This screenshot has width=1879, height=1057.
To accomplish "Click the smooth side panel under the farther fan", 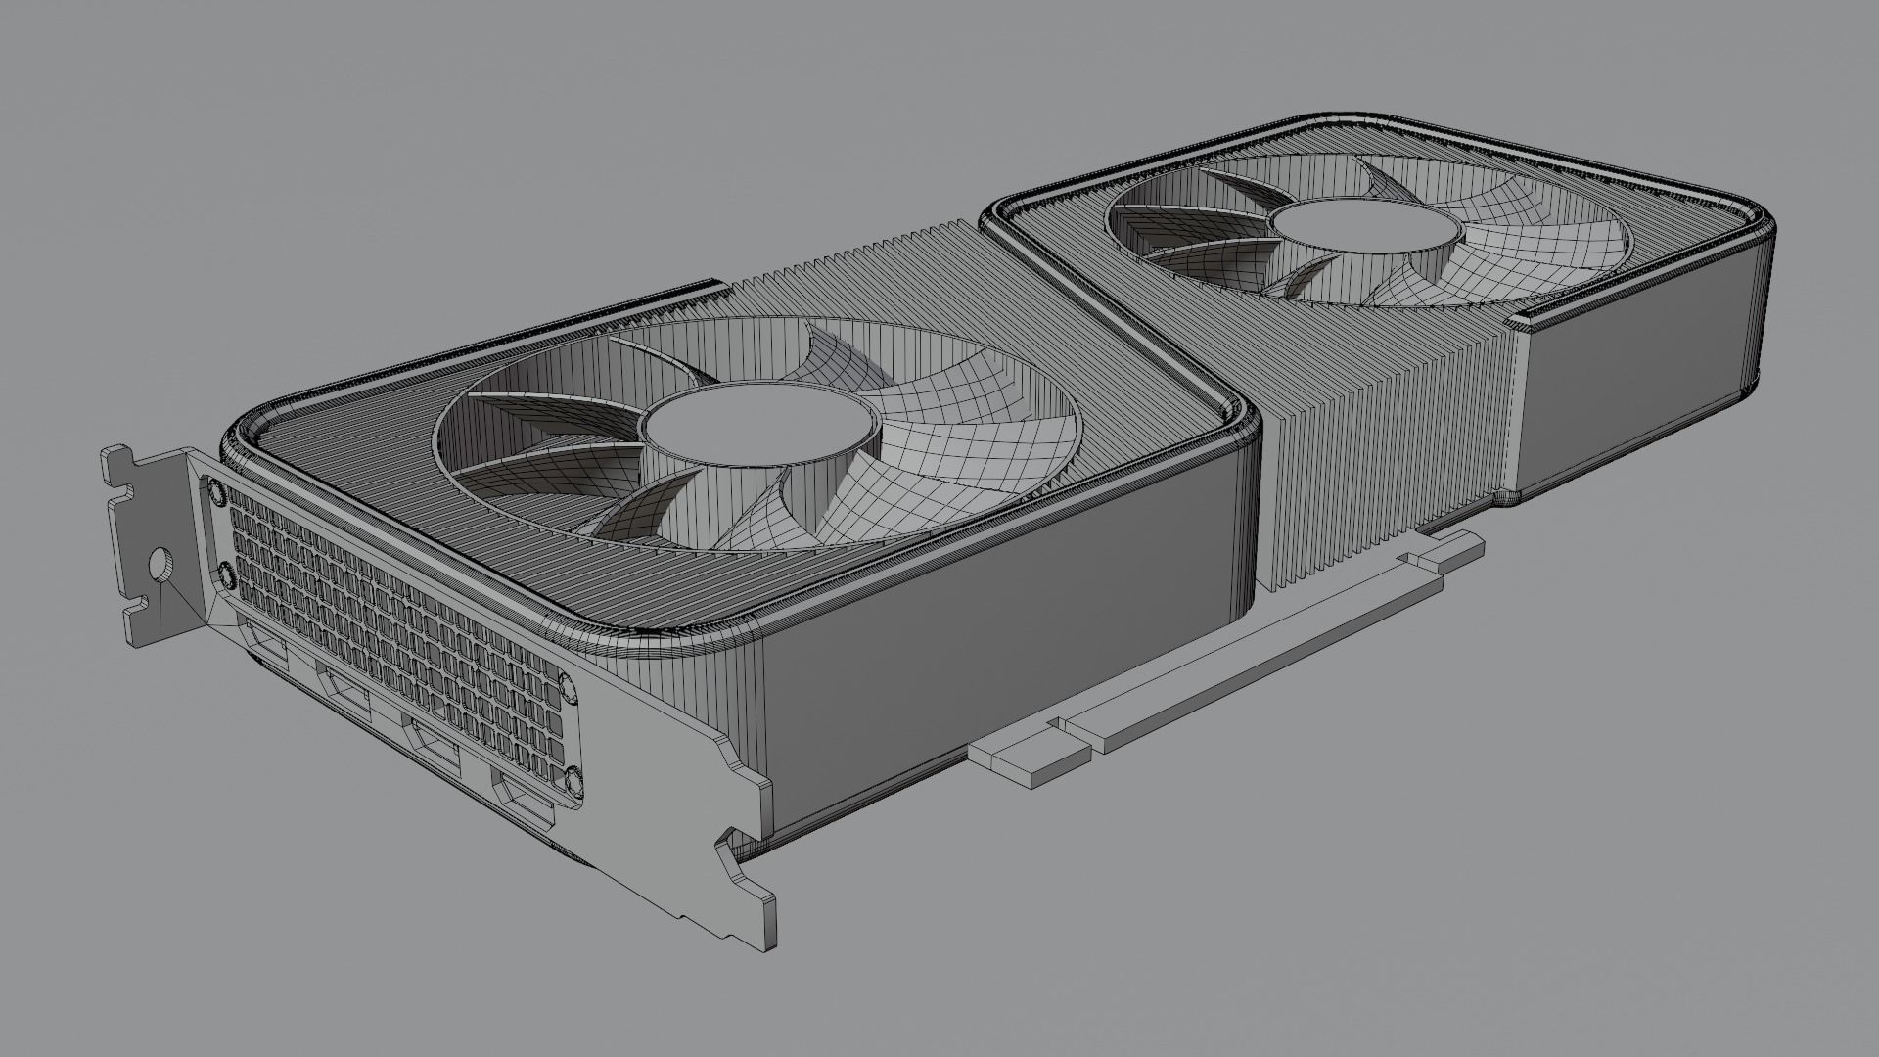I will pyautogui.click(x=1654, y=333).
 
